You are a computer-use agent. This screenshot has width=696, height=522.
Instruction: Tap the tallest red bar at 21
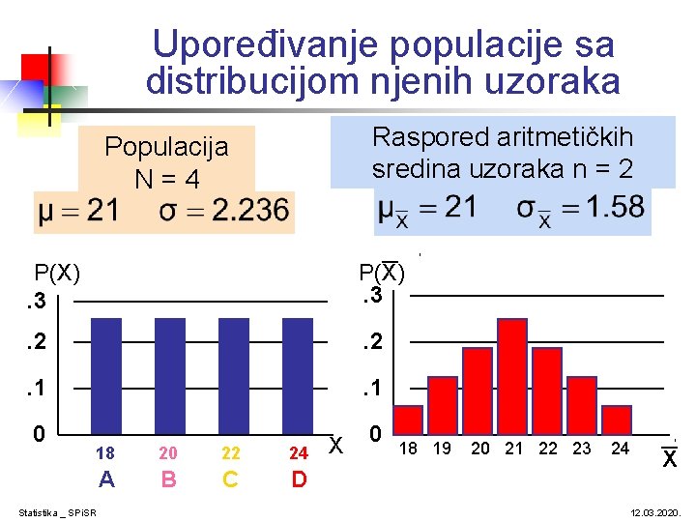tap(511, 375)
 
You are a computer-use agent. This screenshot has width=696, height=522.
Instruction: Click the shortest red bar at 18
tap(409, 420)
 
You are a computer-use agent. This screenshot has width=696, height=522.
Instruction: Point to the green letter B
tap(168, 478)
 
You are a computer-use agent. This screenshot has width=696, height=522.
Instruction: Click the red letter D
tap(299, 478)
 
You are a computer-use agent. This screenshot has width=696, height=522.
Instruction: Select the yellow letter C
tap(230, 478)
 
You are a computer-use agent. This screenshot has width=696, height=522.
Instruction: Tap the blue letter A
tap(106, 478)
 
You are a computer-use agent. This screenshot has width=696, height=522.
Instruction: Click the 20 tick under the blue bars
tap(168, 452)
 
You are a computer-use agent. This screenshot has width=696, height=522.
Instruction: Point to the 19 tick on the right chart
tap(443, 449)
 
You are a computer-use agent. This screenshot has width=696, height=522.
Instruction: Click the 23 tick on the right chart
tap(582, 449)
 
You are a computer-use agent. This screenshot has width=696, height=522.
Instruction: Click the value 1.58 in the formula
tap(615, 208)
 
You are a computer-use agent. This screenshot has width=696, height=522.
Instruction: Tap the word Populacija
tap(166, 147)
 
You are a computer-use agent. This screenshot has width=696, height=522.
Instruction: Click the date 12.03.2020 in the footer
tap(656, 511)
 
